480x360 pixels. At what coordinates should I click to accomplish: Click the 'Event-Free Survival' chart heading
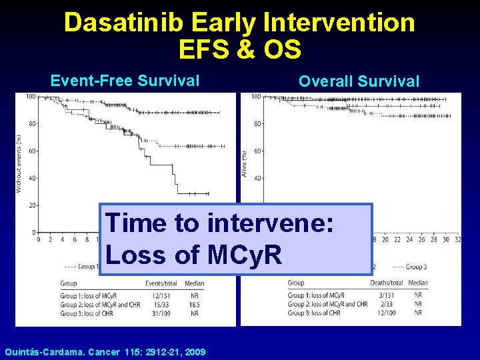click(125, 81)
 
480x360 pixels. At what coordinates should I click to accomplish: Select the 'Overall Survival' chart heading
click(359, 81)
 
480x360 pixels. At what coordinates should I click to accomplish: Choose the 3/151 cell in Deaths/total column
click(388, 295)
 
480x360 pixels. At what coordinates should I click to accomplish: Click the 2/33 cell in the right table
click(388, 304)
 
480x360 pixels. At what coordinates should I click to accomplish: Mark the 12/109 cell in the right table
click(388, 313)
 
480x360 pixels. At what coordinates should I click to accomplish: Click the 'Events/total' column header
click(161, 283)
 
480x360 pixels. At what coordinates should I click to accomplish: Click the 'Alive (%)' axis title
click(245, 164)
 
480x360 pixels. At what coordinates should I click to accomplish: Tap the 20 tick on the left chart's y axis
click(31, 205)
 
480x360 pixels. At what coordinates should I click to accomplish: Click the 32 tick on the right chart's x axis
click(457, 239)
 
